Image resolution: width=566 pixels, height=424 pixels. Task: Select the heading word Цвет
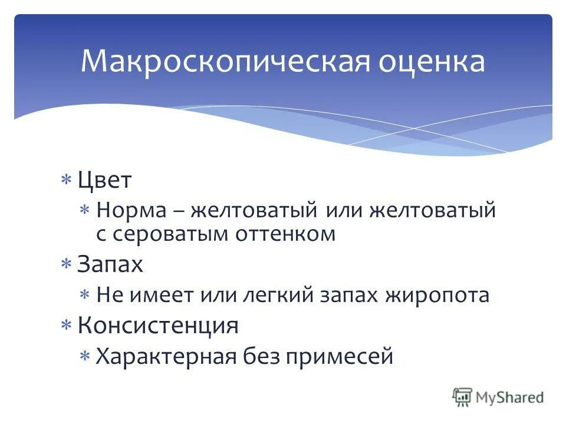coord(104,180)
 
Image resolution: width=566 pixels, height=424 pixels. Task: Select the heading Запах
coord(110,264)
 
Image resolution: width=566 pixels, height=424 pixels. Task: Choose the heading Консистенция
coord(158,325)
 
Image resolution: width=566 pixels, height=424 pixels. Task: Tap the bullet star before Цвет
coord(67,180)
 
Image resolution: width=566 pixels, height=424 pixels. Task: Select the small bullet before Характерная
coord(85,356)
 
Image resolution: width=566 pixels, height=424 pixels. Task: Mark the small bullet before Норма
coord(85,210)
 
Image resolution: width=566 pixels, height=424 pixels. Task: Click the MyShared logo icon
coord(463,397)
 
